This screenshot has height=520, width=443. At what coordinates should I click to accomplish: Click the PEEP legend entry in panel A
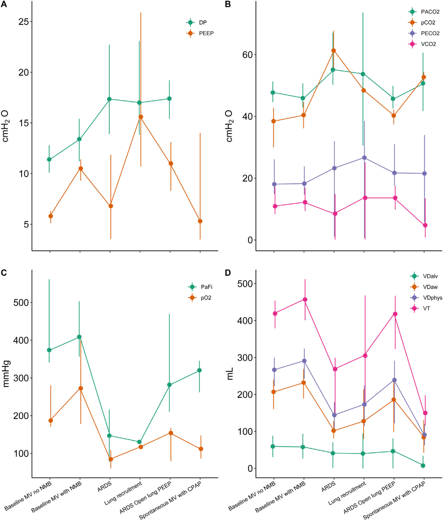206,33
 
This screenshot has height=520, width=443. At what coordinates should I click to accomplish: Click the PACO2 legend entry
430,12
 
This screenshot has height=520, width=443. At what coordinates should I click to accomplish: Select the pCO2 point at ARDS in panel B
333,50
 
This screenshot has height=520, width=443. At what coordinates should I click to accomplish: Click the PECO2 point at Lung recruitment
364,158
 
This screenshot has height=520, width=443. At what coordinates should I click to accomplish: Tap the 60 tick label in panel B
247,55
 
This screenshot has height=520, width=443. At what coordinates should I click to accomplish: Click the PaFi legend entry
206,287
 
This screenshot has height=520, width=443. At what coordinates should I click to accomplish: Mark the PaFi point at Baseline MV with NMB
79,337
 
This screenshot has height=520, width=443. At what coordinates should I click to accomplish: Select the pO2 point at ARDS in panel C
111,459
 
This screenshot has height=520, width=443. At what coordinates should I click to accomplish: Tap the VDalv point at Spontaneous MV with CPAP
423,465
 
